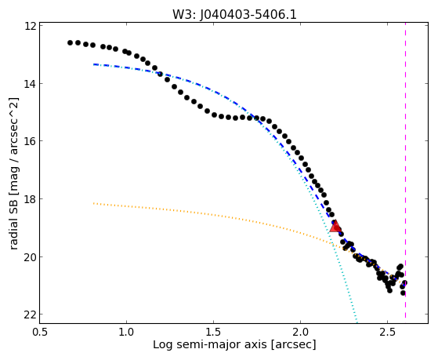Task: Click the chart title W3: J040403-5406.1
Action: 234,14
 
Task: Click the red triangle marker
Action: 335,227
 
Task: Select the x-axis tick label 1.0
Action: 126,332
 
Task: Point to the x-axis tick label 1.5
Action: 213,332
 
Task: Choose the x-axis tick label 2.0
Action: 300,332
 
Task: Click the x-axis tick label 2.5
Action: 387,332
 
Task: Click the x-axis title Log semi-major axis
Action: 210,344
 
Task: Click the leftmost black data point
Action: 70,43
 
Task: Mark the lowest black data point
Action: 403,293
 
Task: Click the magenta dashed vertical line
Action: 405,173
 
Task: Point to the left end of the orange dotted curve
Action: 94,203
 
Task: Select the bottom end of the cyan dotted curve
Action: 357,321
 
